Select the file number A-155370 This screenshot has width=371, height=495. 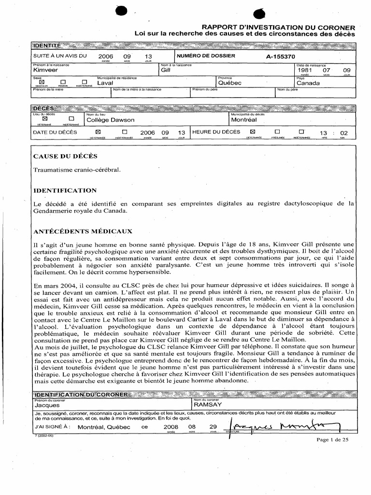[280, 56]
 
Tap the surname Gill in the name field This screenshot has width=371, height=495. [165, 71]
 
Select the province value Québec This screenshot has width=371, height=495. [229, 83]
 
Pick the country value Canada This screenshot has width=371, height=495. [308, 83]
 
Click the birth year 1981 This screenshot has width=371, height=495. [305, 71]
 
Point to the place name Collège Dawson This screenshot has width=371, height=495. [110, 119]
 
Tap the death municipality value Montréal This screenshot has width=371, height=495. [243, 119]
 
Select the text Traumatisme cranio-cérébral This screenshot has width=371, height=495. [76, 170]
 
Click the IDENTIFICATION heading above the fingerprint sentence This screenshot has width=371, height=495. [65, 190]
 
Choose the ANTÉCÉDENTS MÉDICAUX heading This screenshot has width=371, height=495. [83, 232]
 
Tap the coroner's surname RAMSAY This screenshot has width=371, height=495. [208, 405]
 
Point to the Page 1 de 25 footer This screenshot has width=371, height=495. [332, 439]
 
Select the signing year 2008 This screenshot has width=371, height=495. [171, 427]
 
